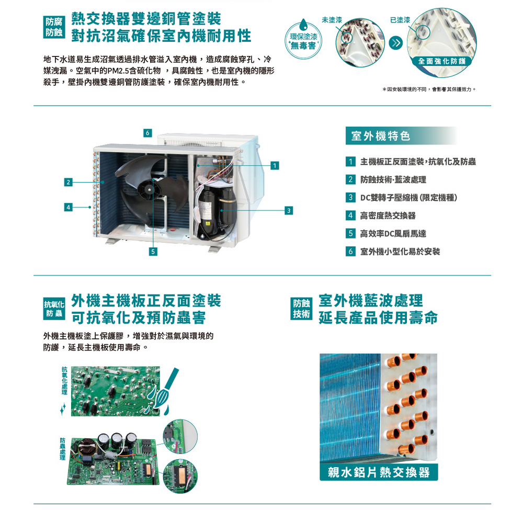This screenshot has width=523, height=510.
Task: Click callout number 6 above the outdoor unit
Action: [147, 133]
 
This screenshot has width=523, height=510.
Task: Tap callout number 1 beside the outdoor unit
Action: [275, 165]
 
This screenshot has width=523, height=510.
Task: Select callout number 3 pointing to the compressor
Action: [289, 210]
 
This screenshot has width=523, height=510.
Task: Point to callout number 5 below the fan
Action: [153, 252]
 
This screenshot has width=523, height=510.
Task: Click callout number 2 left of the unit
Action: [69, 182]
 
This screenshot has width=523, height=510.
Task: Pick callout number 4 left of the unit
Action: [69, 207]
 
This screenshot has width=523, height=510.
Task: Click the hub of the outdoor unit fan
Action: [149, 190]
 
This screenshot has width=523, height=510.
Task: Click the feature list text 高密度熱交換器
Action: [388, 216]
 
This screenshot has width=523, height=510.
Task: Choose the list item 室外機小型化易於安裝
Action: [400, 252]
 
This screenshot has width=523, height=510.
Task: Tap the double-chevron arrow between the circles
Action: [396, 43]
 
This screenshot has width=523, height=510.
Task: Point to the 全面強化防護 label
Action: [442, 61]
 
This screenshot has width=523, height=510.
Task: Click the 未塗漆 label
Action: [332, 20]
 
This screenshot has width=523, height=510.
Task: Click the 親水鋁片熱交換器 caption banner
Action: [379, 472]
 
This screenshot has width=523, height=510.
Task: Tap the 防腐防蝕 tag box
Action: [54, 27]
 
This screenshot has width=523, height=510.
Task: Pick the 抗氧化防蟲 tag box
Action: [54, 309]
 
